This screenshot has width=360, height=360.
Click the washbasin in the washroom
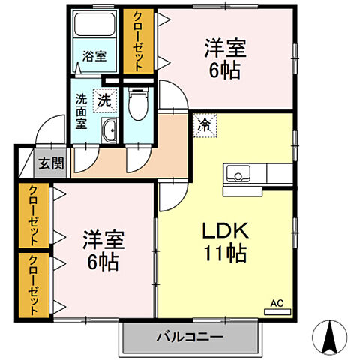(109, 129)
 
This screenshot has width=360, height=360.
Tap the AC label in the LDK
(277, 304)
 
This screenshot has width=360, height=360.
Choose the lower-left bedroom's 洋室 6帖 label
(103, 251)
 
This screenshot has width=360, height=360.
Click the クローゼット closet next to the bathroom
(138, 41)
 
